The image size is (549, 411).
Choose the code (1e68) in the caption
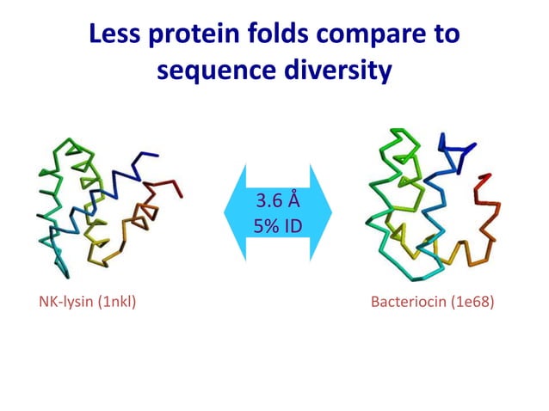tap(473, 302)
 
